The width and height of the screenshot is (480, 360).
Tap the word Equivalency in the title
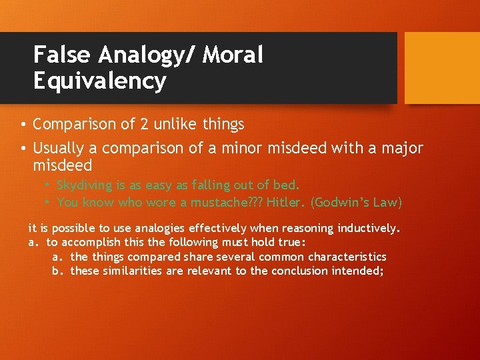pyautogui.click(x=99, y=81)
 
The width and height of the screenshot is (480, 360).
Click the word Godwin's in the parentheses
pyautogui.click(x=343, y=202)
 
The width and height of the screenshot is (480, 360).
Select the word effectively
pyautogui.click(x=213, y=229)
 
